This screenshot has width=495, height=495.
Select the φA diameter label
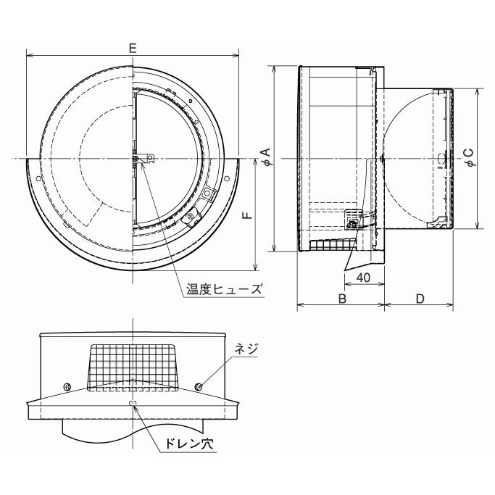point(267,157)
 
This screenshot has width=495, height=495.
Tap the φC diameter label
point(470,157)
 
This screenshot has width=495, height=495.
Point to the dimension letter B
point(342,299)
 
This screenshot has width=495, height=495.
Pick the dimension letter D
point(420,299)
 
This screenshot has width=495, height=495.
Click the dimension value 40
point(363,278)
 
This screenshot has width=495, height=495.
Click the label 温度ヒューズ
point(224,289)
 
